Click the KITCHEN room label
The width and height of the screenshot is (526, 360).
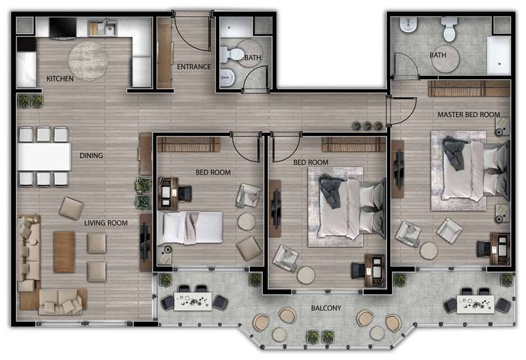(60, 79)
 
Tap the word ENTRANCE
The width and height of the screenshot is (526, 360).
(194, 67)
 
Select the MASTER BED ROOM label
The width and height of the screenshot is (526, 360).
(469, 114)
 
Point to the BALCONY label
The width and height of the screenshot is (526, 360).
(326, 308)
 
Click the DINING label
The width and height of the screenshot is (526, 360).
(91, 155)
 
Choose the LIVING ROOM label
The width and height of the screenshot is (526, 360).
(106, 223)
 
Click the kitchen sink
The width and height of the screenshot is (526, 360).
(102, 28)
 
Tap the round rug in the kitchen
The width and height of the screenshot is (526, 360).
(88, 61)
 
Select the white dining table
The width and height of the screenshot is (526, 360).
(44, 157)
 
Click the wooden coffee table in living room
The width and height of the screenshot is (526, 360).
(64, 252)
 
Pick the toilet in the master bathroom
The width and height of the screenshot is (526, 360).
(449, 29)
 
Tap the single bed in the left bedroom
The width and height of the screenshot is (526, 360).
(190, 227)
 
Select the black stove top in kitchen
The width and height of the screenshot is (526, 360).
(63, 27)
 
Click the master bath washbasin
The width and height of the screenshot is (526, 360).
(408, 25)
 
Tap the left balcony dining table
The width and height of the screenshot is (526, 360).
(193, 302)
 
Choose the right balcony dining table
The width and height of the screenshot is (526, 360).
(476, 304)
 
